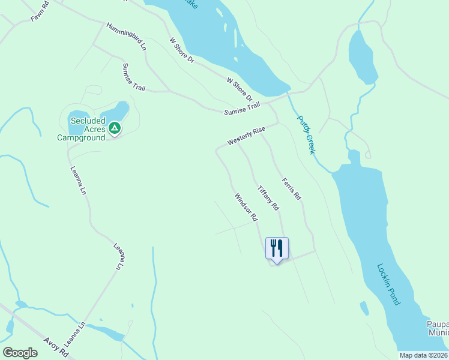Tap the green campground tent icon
click(x=115, y=128)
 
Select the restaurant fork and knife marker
click(x=277, y=248)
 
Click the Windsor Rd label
click(x=246, y=206)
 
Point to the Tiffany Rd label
click(x=268, y=197)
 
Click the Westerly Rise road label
click(x=246, y=136)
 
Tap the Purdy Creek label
click(x=306, y=135)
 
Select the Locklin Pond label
click(x=388, y=284)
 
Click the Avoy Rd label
click(x=57, y=348)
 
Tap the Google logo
click(x=20, y=353)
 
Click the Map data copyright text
click(x=423, y=355)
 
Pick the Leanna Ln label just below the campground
click(x=79, y=181)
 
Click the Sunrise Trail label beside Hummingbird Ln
click(x=133, y=77)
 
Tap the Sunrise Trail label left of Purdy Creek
click(x=242, y=109)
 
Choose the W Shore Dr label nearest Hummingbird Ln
click(x=182, y=50)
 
